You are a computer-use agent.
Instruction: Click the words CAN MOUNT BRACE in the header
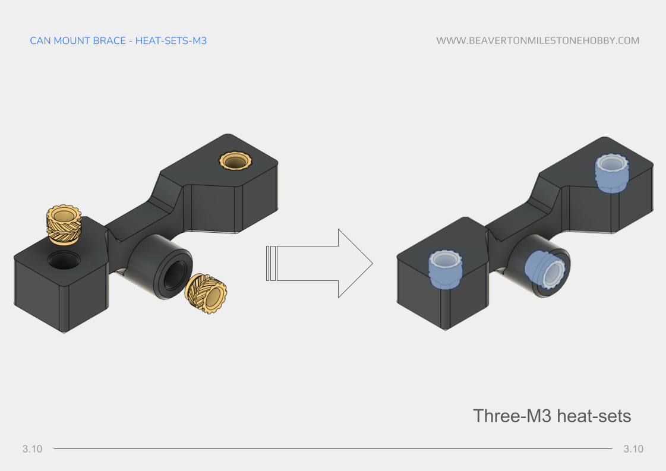(x=77, y=41)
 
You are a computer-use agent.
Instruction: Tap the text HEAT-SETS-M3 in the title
(x=171, y=41)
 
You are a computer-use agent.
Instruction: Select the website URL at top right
(x=538, y=41)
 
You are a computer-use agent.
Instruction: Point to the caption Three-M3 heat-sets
(x=551, y=416)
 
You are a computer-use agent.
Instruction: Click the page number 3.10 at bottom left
(x=33, y=449)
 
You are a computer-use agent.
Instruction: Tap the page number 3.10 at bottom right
(x=633, y=449)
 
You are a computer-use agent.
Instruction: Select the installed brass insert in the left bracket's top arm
(x=236, y=160)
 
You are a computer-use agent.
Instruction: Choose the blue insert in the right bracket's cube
(x=445, y=269)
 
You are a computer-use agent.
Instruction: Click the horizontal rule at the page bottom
(x=333, y=449)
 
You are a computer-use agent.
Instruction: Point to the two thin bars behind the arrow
(x=270, y=263)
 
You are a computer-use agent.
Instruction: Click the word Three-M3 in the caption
(x=512, y=416)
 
